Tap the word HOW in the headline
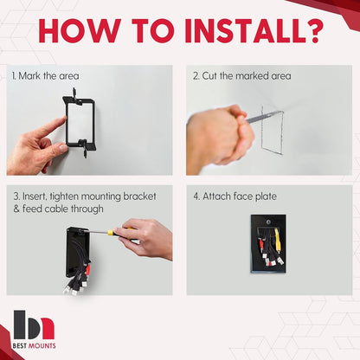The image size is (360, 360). tap(80, 30)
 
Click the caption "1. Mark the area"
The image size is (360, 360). tap(45, 76)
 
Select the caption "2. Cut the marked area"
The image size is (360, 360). tap(242, 76)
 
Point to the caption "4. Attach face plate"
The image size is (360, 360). tap(235, 196)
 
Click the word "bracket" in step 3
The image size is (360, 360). tap(139, 196)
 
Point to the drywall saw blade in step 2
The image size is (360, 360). tap(265, 116)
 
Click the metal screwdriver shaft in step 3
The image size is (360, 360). tap(95, 231)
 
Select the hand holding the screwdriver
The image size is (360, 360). tap(145, 238)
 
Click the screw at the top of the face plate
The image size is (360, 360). tap(268, 222)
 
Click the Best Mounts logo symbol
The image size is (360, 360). tap(34, 325)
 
